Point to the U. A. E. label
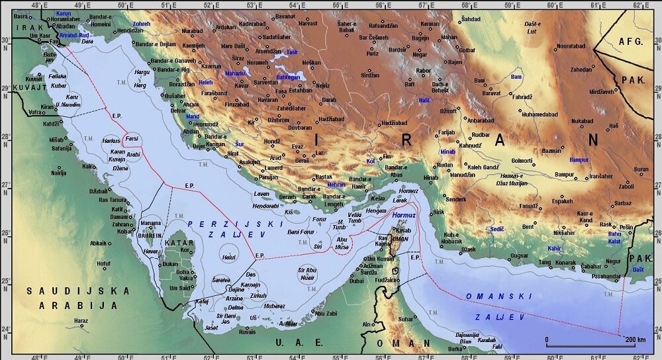click(x=300, y=342)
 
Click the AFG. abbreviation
click(x=630, y=41)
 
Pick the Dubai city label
click(x=357, y=281)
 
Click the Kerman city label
click(x=430, y=24)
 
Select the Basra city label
click(x=22, y=15)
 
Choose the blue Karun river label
click(x=64, y=13)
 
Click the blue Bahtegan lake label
click(x=287, y=77)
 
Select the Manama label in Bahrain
click(x=151, y=224)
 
